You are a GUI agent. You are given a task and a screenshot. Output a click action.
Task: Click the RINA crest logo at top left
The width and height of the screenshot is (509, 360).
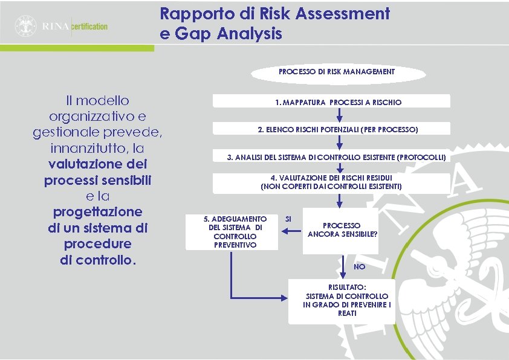click(x=26, y=25)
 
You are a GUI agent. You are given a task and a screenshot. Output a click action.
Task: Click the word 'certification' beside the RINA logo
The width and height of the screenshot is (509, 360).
click(x=89, y=27)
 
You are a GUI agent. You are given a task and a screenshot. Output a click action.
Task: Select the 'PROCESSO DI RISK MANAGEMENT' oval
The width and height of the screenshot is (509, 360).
click(x=336, y=72)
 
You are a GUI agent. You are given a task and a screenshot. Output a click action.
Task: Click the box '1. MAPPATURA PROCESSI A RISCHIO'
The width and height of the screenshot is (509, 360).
click(x=338, y=102)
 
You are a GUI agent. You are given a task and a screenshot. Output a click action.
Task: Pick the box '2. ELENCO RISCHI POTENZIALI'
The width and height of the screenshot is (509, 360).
click(x=338, y=129)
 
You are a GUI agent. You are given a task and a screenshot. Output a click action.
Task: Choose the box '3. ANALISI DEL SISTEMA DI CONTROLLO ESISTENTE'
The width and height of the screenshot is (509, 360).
click(x=336, y=157)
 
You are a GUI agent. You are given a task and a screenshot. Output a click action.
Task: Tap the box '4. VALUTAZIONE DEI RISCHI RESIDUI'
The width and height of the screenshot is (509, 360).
click(x=331, y=182)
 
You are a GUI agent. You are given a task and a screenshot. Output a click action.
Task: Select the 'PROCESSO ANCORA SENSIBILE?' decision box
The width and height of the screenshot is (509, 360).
click(x=342, y=230)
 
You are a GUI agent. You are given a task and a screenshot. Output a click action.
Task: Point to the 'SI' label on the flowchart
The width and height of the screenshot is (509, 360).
click(x=288, y=218)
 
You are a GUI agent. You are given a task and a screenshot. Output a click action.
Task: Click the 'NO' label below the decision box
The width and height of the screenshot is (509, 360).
click(x=360, y=266)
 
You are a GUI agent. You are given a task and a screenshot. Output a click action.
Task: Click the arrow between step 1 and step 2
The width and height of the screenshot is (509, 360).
click(x=340, y=115)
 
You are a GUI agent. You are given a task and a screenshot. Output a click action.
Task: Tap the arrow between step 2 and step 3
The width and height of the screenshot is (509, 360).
click(x=340, y=143)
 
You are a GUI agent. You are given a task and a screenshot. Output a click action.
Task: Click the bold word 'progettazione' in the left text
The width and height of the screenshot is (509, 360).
click(x=98, y=212)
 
